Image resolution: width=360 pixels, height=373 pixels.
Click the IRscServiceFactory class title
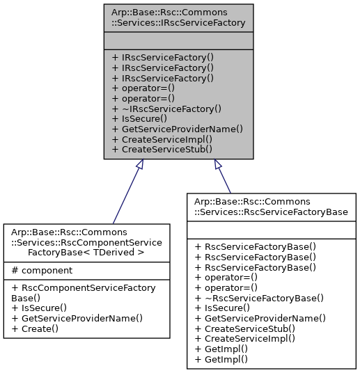tap(178, 17)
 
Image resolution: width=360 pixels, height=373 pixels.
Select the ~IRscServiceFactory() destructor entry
tap(166, 109)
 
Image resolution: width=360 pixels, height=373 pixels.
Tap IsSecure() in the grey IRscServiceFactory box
tap(139, 119)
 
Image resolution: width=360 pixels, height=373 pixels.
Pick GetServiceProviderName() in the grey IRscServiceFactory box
tap(178, 129)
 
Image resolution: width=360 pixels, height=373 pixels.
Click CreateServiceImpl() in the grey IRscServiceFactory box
tap(162, 139)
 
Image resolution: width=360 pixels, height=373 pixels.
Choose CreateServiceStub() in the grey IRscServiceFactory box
tap(162, 150)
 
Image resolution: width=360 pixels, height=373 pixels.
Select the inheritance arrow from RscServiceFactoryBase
tap(222, 176)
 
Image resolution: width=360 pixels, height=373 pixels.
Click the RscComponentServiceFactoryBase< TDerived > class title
tap(86, 242)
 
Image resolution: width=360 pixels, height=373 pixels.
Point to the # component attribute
tap(42, 271)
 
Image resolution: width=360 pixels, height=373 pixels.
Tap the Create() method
tap(35, 328)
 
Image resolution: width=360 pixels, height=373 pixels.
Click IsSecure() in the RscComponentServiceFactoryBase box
tap(39, 308)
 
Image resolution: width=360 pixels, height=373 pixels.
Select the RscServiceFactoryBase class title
tap(271, 207)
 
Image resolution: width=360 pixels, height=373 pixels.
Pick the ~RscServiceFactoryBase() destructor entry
tap(259, 298)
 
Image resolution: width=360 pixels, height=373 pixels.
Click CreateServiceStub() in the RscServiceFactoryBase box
tap(245, 328)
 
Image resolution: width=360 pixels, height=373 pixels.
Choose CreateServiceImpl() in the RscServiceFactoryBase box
tap(245, 339)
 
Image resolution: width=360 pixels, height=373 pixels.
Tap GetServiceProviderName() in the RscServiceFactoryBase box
tap(260, 318)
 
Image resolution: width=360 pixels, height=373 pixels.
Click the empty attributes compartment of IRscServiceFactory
tap(178, 40)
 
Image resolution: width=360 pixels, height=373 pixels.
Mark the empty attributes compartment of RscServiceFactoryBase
tap(272, 230)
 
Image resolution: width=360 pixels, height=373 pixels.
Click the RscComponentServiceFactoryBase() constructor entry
tap(84, 293)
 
